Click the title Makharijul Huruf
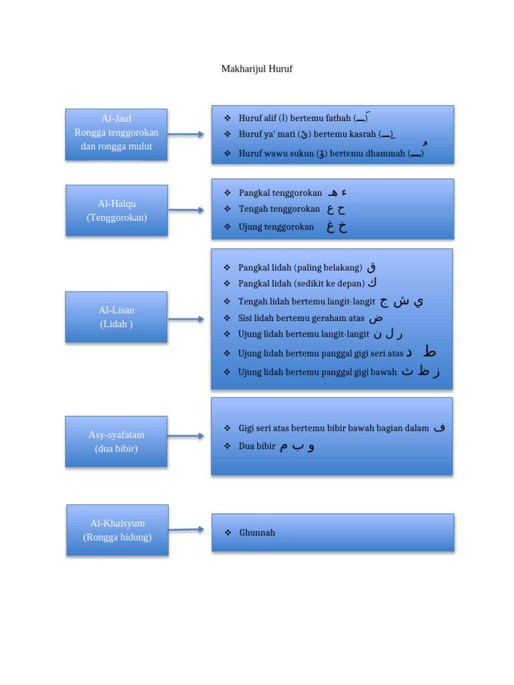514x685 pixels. pos(257,69)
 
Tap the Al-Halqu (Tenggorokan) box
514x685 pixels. pos(116,210)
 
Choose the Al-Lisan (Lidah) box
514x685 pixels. pos(116,317)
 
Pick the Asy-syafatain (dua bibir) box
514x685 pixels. pos(116,442)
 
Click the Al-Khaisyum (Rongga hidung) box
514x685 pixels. pos(117,530)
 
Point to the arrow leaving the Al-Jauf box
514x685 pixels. pos(185,134)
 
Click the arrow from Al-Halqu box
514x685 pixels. pos(185,210)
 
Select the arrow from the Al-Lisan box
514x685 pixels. pos(185,319)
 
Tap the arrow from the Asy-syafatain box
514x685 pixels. pos(185,436)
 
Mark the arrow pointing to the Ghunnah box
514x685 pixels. pos(186,530)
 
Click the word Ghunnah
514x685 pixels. pos(257,532)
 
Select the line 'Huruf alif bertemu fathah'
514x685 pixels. pos(294,118)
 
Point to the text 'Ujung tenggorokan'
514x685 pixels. pos(276,227)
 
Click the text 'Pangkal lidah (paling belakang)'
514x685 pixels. pos(300,268)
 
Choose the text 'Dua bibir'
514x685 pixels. pos(257,446)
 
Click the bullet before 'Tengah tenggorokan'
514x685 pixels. pos(228,209)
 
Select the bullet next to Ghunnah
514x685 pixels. pos(228,532)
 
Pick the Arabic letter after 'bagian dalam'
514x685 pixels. pos(439,427)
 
